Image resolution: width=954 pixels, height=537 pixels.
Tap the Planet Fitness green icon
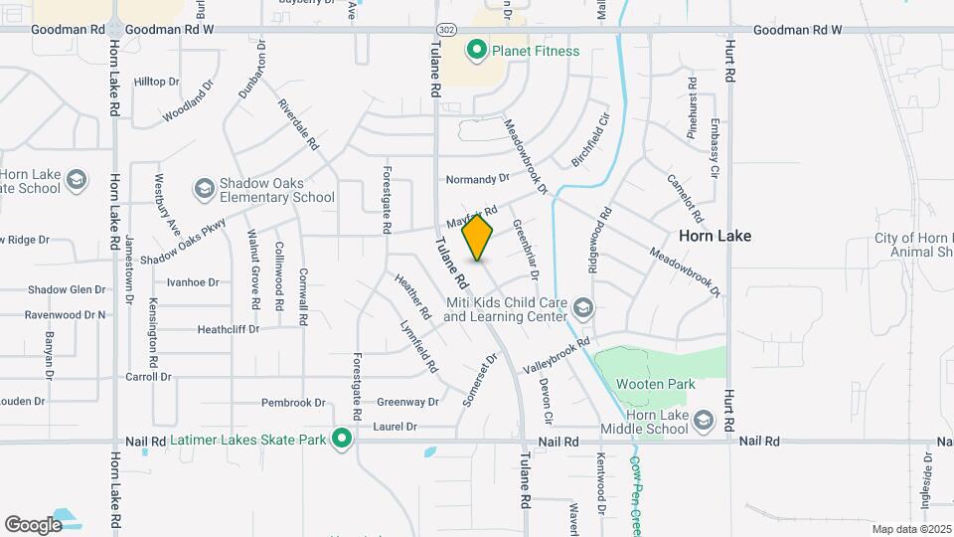click(477, 50)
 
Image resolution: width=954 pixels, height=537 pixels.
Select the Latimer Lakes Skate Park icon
click(343, 438)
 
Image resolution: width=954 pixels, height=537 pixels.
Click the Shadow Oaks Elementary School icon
click(204, 188)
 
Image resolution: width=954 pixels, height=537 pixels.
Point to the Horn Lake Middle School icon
click(704, 420)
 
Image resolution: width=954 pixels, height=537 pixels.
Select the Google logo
click(34, 524)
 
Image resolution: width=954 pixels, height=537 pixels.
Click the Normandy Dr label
click(476, 179)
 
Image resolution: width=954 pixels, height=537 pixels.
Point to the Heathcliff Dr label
click(228, 328)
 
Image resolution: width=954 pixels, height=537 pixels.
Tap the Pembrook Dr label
click(293, 403)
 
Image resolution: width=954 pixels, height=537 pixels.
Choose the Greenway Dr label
click(407, 403)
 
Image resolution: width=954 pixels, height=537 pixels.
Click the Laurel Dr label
click(396, 427)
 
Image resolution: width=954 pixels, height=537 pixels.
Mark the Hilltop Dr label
click(156, 82)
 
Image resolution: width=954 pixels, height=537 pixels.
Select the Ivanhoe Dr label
click(193, 282)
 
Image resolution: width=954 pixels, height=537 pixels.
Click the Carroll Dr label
click(148, 377)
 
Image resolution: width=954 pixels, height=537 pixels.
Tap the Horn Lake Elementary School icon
click(77, 180)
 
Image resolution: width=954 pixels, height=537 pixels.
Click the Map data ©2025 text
click(910, 529)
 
